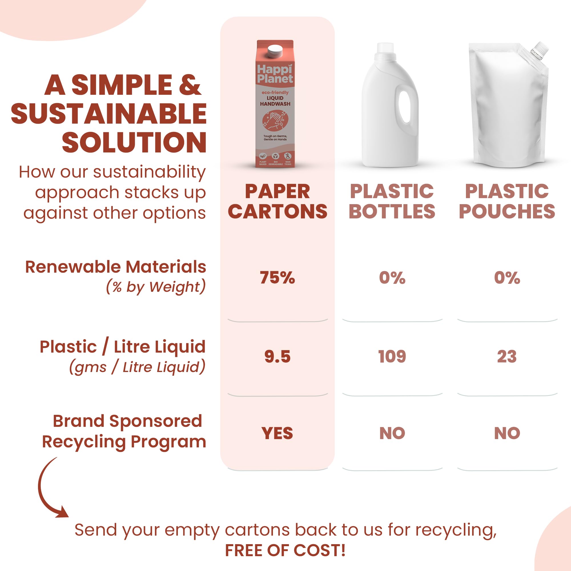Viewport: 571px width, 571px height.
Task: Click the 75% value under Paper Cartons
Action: coord(277,278)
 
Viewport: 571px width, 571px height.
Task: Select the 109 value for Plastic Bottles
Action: coord(392,356)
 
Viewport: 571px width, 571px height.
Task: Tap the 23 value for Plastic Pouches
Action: coord(507,356)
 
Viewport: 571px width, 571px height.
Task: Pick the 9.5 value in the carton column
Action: coord(277,356)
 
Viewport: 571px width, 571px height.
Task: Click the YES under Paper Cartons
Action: coord(277,433)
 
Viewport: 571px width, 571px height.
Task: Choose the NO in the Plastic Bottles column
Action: coord(392,433)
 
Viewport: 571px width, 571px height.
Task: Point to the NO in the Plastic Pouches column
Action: coord(507,433)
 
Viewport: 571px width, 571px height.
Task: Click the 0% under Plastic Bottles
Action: coord(392,278)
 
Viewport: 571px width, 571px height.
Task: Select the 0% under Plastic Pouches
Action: coord(507,278)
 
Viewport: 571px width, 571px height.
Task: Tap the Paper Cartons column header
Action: coord(278,201)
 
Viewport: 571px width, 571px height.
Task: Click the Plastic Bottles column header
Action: coord(392,201)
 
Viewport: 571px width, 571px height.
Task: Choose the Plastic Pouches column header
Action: coord(507,201)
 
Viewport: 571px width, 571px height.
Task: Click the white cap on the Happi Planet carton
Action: coord(275,51)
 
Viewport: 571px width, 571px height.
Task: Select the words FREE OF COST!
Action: coord(285,551)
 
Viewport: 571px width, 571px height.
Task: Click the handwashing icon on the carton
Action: coord(275,120)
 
